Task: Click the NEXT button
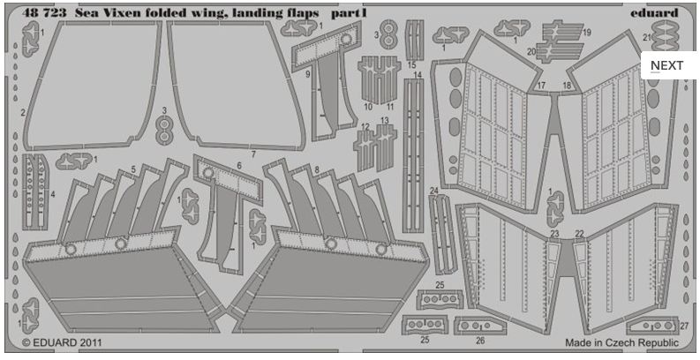click(666, 65)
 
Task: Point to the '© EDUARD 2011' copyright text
click(56, 341)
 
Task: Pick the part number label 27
click(684, 325)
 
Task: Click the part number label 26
click(479, 339)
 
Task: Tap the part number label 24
click(433, 191)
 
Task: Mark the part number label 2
click(22, 113)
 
